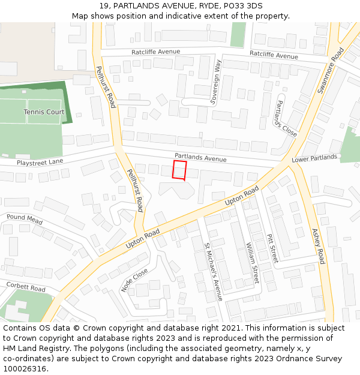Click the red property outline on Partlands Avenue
179,170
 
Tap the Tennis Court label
44,112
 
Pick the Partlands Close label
286,118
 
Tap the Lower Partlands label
314,158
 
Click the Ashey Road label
318,246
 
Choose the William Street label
252,263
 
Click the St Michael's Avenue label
213,272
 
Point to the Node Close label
134,280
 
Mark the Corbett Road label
25,288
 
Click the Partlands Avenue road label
200,158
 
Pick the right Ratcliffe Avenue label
274,55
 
